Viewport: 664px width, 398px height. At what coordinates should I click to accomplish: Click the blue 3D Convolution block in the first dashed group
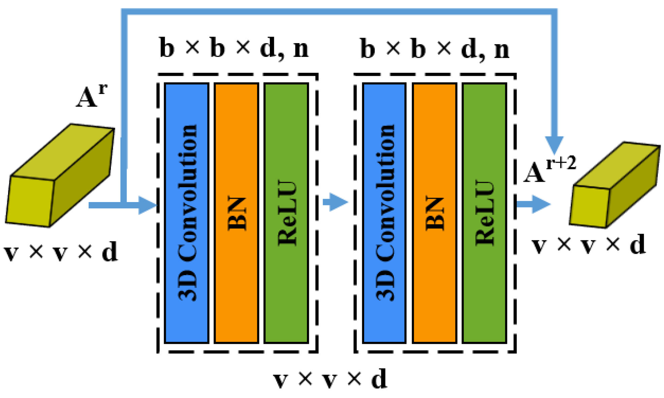[x=186, y=213]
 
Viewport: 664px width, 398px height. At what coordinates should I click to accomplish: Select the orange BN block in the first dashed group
[x=236, y=213]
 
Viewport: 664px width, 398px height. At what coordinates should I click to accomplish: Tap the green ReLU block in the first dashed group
[x=286, y=213]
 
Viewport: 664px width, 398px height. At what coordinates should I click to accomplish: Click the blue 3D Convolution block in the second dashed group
[x=384, y=213]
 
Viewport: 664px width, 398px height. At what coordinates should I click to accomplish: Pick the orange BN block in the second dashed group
[x=434, y=213]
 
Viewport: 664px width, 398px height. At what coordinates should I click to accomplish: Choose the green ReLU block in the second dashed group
[x=484, y=213]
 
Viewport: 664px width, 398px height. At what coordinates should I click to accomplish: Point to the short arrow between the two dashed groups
[x=335, y=202]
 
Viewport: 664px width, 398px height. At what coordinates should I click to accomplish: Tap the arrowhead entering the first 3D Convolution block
[x=148, y=205]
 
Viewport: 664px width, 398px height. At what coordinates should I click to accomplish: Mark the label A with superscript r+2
[x=549, y=170]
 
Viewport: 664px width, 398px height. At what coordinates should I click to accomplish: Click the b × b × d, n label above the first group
[x=234, y=48]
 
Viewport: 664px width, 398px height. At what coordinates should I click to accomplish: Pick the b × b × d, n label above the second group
[x=435, y=49]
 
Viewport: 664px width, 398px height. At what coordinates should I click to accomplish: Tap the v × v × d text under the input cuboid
[x=61, y=252]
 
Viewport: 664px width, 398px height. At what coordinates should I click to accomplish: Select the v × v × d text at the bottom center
[x=330, y=379]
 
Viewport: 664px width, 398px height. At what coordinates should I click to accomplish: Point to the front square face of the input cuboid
[x=30, y=201]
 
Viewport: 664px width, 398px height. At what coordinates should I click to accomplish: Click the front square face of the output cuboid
[x=589, y=206]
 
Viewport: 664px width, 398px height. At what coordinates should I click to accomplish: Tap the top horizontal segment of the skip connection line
[x=337, y=12]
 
